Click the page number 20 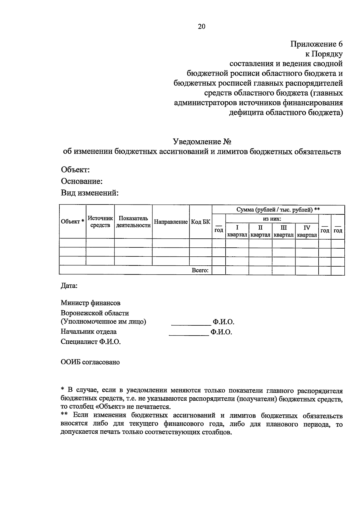pos(202,27)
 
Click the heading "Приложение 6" pos(316,44)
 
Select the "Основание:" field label pos(82,181)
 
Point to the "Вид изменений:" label pos(90,193)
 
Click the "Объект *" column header pos(72,222)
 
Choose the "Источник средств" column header pos(100,222)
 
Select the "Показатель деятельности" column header pos(133,222)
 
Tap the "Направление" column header pos(171,222)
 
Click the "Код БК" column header pos(200,222)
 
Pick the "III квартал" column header pos(283,231)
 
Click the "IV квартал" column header pos(307,231)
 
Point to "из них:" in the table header pos(272,219)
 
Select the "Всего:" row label pos(200,270)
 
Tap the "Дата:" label pos(69,286)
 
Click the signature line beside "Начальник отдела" pos(189,335)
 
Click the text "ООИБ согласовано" pos(90,362)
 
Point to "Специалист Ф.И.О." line pos(91,342)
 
